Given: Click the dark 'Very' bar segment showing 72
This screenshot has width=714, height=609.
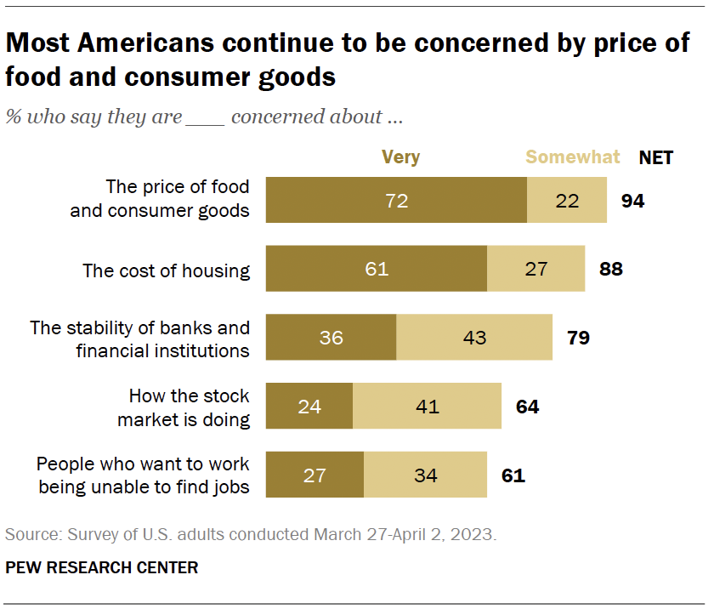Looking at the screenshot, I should point(396,201).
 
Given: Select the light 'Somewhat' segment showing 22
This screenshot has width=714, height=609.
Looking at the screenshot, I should point(567,201).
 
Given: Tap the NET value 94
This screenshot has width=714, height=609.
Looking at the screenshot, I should point(632,201).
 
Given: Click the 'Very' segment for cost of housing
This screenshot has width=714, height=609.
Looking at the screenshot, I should point(377,269).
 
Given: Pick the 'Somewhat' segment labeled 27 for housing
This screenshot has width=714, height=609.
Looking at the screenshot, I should point(535,269).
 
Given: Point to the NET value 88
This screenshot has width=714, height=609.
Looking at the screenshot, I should point(610,269).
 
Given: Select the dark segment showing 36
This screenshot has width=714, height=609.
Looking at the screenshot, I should point(331,338).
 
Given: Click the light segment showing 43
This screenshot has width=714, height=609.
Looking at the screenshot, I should point(474,338).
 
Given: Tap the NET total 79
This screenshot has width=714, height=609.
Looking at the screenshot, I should point(578,338).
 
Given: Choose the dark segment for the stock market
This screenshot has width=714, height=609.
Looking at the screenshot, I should point(309,406).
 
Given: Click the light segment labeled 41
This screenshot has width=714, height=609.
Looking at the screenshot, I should point(427,406).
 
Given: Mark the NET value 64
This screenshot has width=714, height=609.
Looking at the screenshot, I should point(527,406).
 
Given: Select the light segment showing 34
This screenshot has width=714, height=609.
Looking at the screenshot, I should point(425,475).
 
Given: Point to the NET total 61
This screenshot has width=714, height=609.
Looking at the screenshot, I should point(513,475).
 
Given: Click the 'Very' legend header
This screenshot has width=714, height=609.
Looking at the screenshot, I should point(400,157).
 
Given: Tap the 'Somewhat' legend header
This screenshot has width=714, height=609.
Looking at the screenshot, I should point(573,157).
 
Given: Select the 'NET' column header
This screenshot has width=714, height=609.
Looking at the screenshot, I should point(655,157).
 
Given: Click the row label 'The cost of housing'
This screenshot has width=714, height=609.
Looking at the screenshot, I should point(166,270).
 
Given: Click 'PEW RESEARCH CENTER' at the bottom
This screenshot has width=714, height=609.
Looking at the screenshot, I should point(102,567).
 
